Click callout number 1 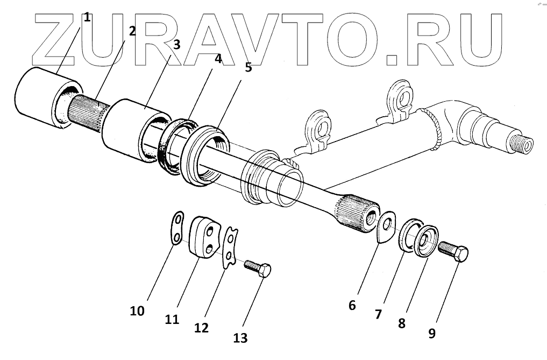pos(87,17)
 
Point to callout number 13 pos(240,337)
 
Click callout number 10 pos(138,310)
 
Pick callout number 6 pos(352,305)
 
